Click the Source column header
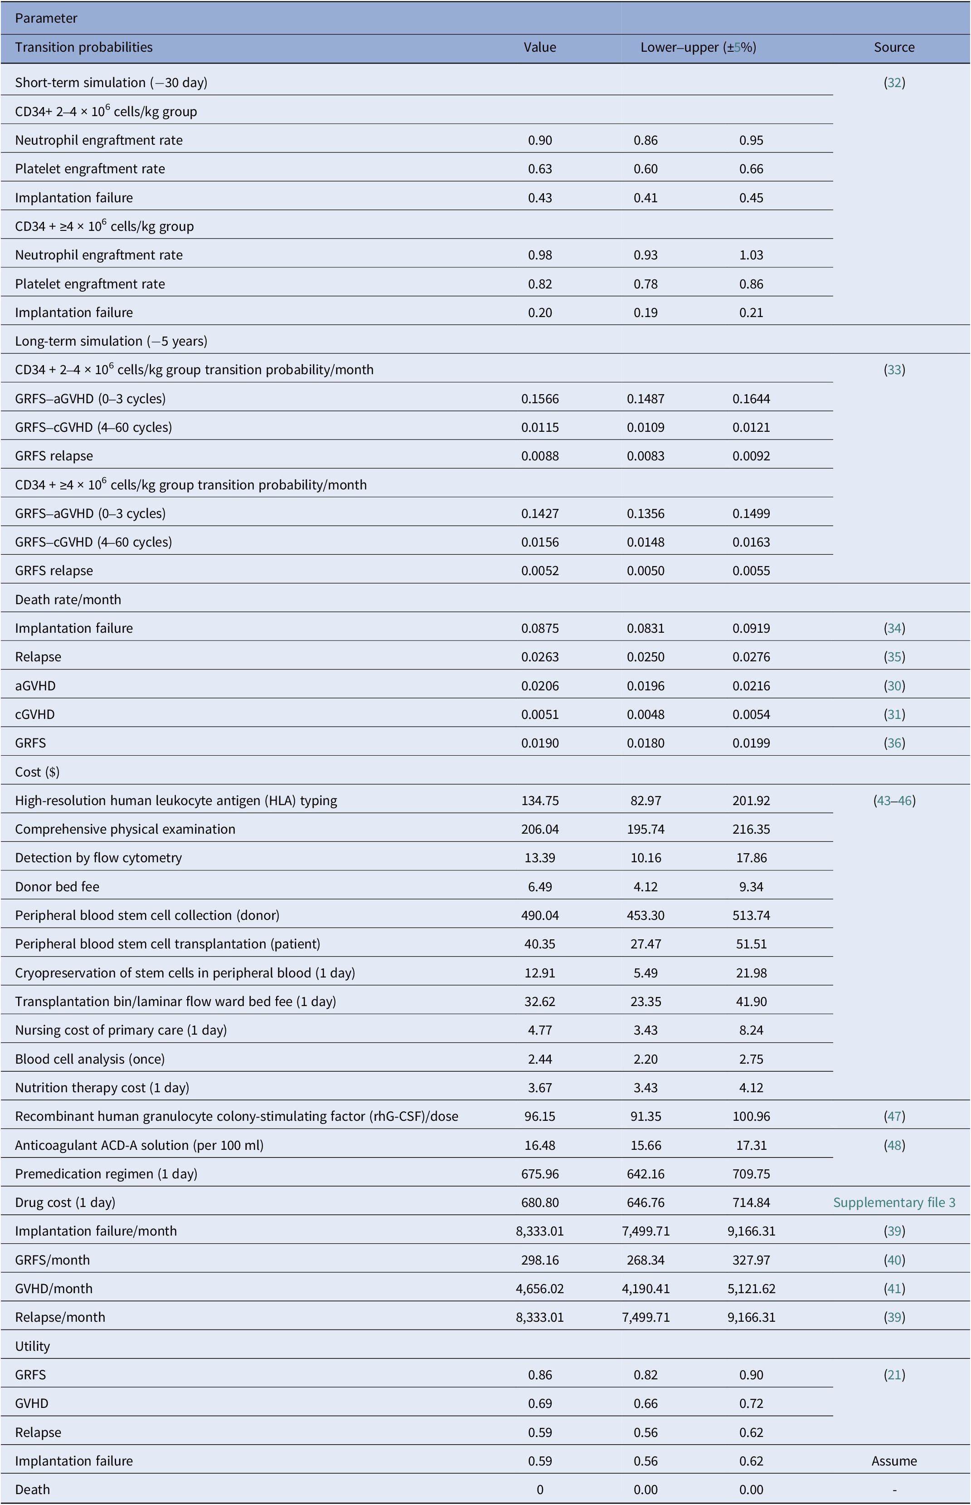tap(894, 47)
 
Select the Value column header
tap(540, 47)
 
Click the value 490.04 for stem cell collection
tap(540, 915)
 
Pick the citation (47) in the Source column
tap(894, 1116)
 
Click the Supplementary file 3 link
tap(894, 1202)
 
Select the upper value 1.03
tap(751, 255)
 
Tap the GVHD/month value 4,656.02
tap(540, 1288)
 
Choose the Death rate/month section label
tap(68, 599)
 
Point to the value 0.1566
tap(540, 399)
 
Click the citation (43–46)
tap(894, 801)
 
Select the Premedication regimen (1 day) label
tap(107, 1173)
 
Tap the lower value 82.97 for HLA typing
tap(646, 801)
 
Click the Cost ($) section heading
tap(37, 772)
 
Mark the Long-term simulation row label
tap(112, 341)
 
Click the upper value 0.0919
tap(751, 628)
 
